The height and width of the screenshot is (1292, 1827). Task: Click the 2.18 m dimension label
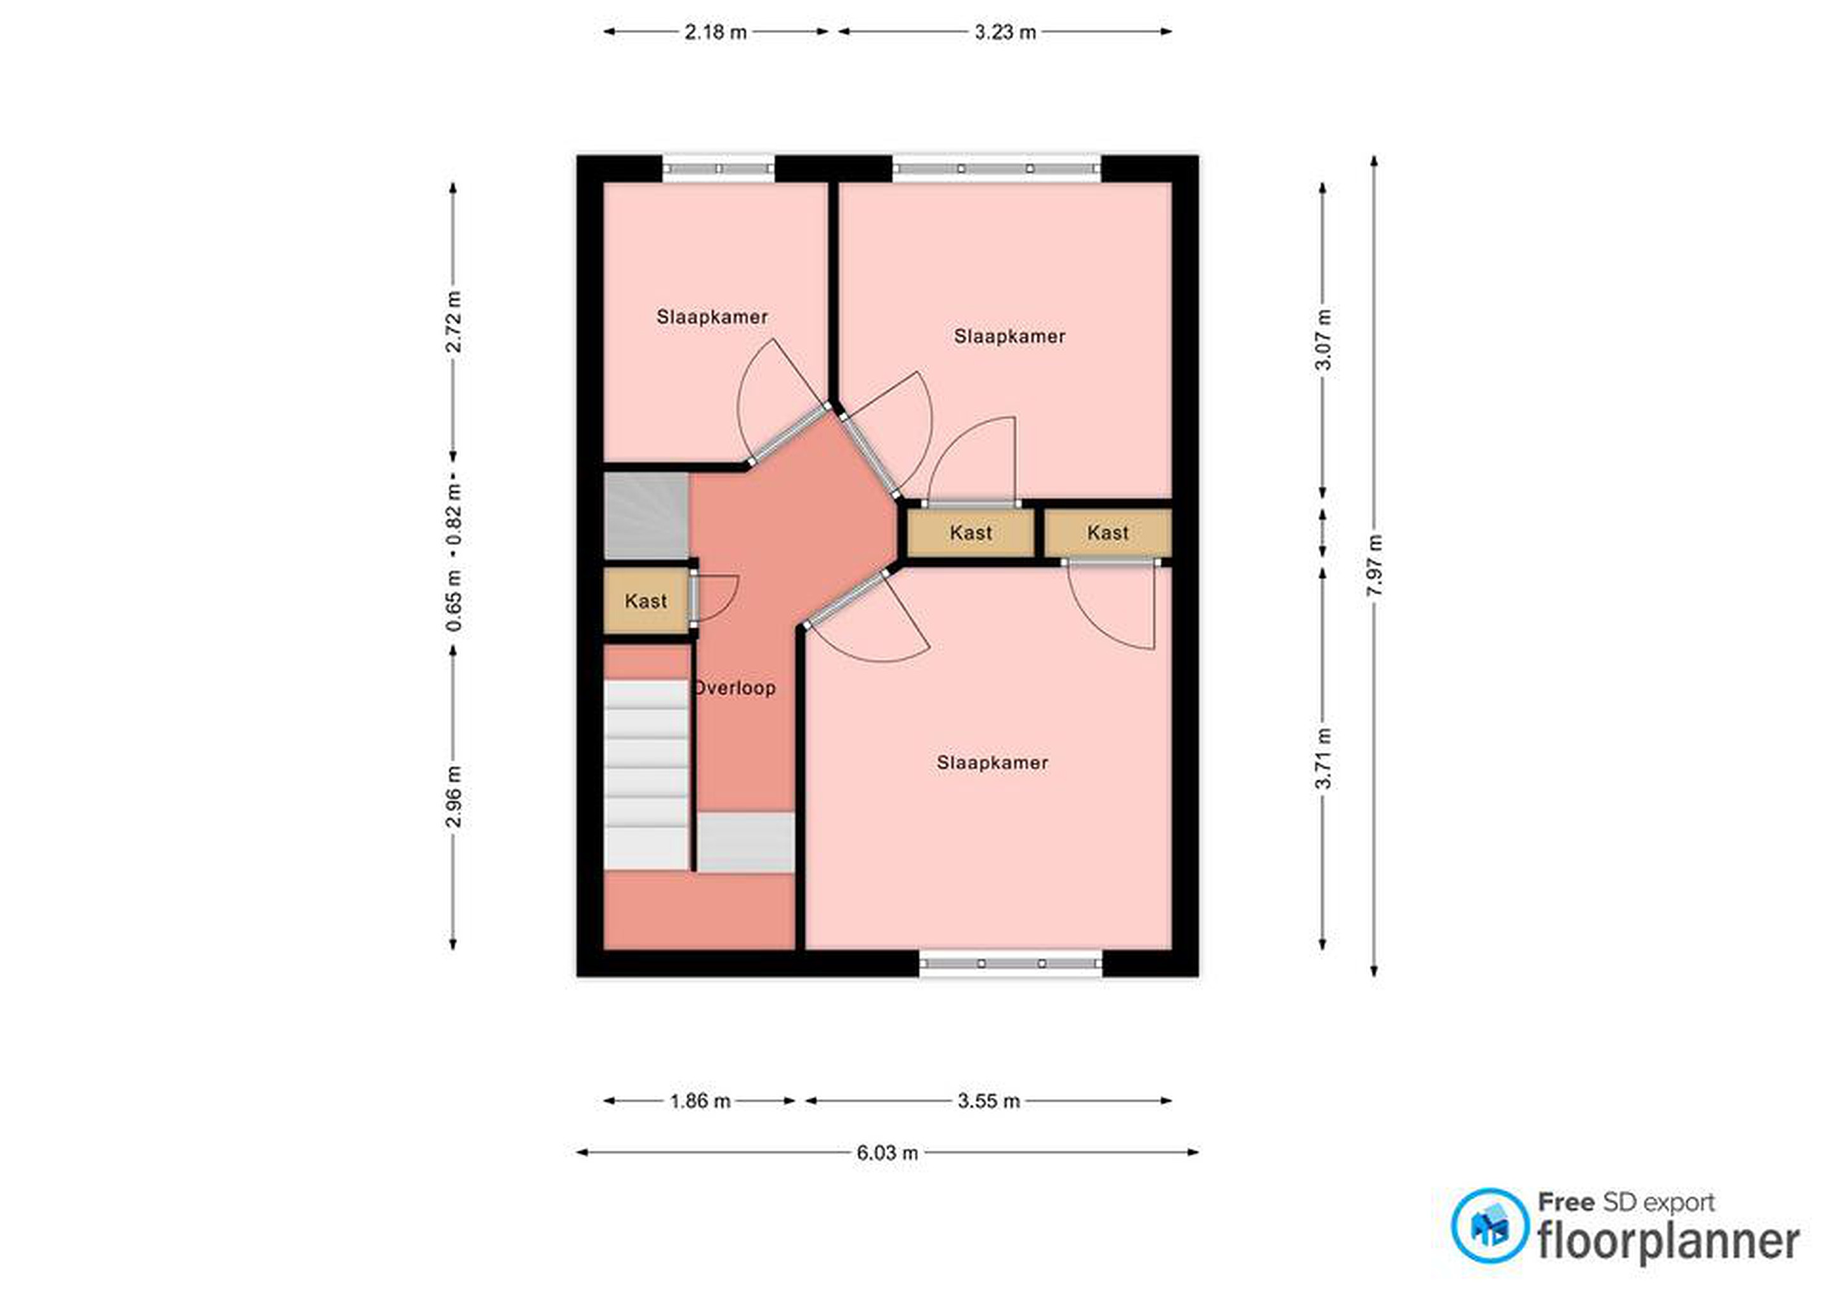(716, 32)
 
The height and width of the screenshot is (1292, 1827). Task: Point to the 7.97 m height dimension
(1374, 565)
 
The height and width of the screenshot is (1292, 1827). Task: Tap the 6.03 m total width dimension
(887, 1152)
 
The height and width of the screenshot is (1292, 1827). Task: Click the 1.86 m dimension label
(700, 1101)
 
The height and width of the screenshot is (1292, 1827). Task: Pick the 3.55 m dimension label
(988, 1101)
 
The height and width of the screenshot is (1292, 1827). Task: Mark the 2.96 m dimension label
(454, 797)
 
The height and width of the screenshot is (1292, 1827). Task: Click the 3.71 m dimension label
(1323, 758)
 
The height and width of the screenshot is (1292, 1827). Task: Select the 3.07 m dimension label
(1323, 340)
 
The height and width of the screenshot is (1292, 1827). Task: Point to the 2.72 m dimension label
(454, 322)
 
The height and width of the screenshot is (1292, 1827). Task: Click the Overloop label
(735, 688)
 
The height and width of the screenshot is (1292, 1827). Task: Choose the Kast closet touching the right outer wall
(1108, 532)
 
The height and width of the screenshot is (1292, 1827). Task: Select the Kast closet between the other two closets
(971, 532)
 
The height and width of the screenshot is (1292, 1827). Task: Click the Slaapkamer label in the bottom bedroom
(992, 762)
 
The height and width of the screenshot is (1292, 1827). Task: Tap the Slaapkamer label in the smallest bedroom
(712, 316)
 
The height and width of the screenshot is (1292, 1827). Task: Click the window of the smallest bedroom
(719, 169)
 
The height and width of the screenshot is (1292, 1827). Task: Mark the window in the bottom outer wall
(1011, 963)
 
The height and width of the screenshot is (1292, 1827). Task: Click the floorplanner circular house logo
(1490, 1226)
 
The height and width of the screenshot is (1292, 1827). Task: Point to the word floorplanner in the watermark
(1668, 1242)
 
